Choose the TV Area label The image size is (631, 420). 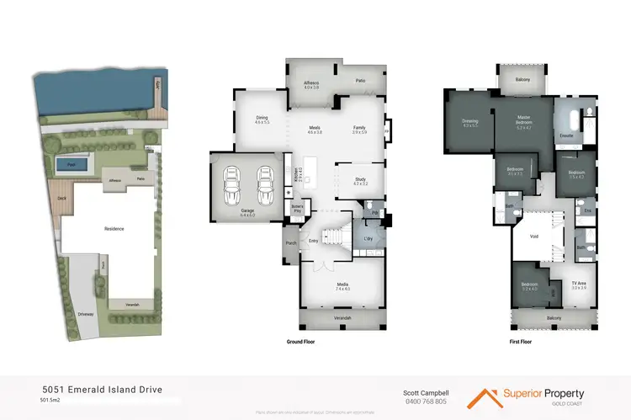pos(578,284)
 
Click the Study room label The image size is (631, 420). pos(359,181)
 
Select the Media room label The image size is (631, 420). pos(342,286)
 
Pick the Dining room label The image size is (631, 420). pos(261,121)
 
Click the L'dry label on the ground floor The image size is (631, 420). pos(369,239)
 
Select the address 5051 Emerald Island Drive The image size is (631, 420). pos(102,390)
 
